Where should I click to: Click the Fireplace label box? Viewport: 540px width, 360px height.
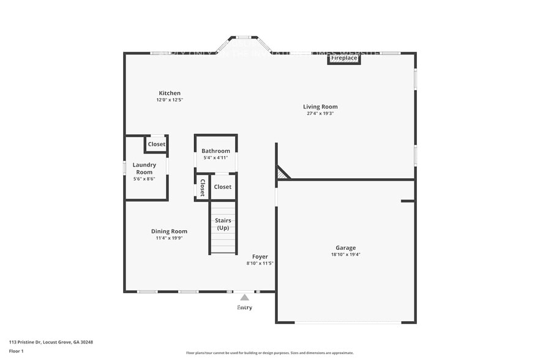(x=343, y=58)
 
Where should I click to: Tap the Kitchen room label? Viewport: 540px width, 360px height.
(x=170, y=93)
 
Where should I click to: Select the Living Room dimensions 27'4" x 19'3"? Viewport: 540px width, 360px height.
(x=320, y=113)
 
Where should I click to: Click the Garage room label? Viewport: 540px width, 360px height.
(x=345, y=248)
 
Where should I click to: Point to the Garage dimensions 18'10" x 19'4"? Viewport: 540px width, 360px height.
(x=345, y=255)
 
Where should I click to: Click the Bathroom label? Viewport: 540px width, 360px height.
(x=216, y=151)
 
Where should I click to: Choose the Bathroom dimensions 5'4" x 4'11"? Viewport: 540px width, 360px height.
(x=216, y=158)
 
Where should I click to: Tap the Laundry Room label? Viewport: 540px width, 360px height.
(x=144, y=168)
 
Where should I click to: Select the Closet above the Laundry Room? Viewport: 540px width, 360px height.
(x=156, y=144)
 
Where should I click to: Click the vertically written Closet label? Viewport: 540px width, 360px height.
(x=201, y=187)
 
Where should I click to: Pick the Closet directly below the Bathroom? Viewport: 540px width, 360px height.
(x=223, y=187)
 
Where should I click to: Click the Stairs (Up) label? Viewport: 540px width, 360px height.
(x=223, y=224)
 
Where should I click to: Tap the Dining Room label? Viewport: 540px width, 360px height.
(x=169, y=231)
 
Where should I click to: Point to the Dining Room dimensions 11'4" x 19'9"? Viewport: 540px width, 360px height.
(x=169, y=238)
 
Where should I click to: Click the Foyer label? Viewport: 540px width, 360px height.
(x=260, y=257)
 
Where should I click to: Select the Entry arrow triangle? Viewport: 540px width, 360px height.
(x=244, y=298)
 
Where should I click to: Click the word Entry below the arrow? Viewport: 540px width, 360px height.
(x=244, y=307)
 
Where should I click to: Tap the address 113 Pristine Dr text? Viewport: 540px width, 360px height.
(x=51, y=342)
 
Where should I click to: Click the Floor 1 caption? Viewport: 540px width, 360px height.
(x=16, y=351)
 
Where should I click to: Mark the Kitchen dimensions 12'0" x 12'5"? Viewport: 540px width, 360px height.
(x=170, y=100)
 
